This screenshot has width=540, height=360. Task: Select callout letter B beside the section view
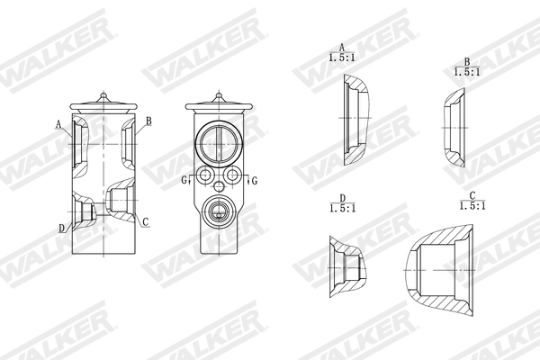pos(148,120)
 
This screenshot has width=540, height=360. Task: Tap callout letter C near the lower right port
pos(145,221)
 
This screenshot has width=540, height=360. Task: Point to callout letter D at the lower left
pos(62,228)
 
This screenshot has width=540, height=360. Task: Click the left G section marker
pos(183,180)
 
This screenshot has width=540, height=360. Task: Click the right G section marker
pos(255,180)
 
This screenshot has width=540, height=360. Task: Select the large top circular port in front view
pos(219,141)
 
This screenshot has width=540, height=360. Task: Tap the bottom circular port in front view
pos(219,212)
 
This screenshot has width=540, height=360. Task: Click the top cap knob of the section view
pos(105,93)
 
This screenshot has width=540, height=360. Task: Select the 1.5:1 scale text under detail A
pos(342,57)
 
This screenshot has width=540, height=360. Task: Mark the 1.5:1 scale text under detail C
pos(472,205)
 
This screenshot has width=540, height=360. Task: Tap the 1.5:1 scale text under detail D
pos(343,207)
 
